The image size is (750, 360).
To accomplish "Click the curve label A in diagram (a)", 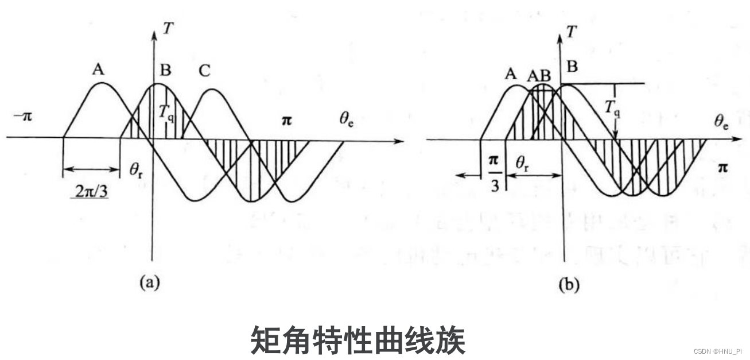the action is tap(98, 70).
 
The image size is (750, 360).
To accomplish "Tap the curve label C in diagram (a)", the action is tap(204, 71).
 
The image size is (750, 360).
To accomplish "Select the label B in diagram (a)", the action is tap(165, 71).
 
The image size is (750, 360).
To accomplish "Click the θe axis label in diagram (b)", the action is tap(721, 121).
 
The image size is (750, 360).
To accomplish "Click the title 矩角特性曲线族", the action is tap(357, 340).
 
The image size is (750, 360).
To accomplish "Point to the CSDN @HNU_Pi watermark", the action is tap(717, 351).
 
